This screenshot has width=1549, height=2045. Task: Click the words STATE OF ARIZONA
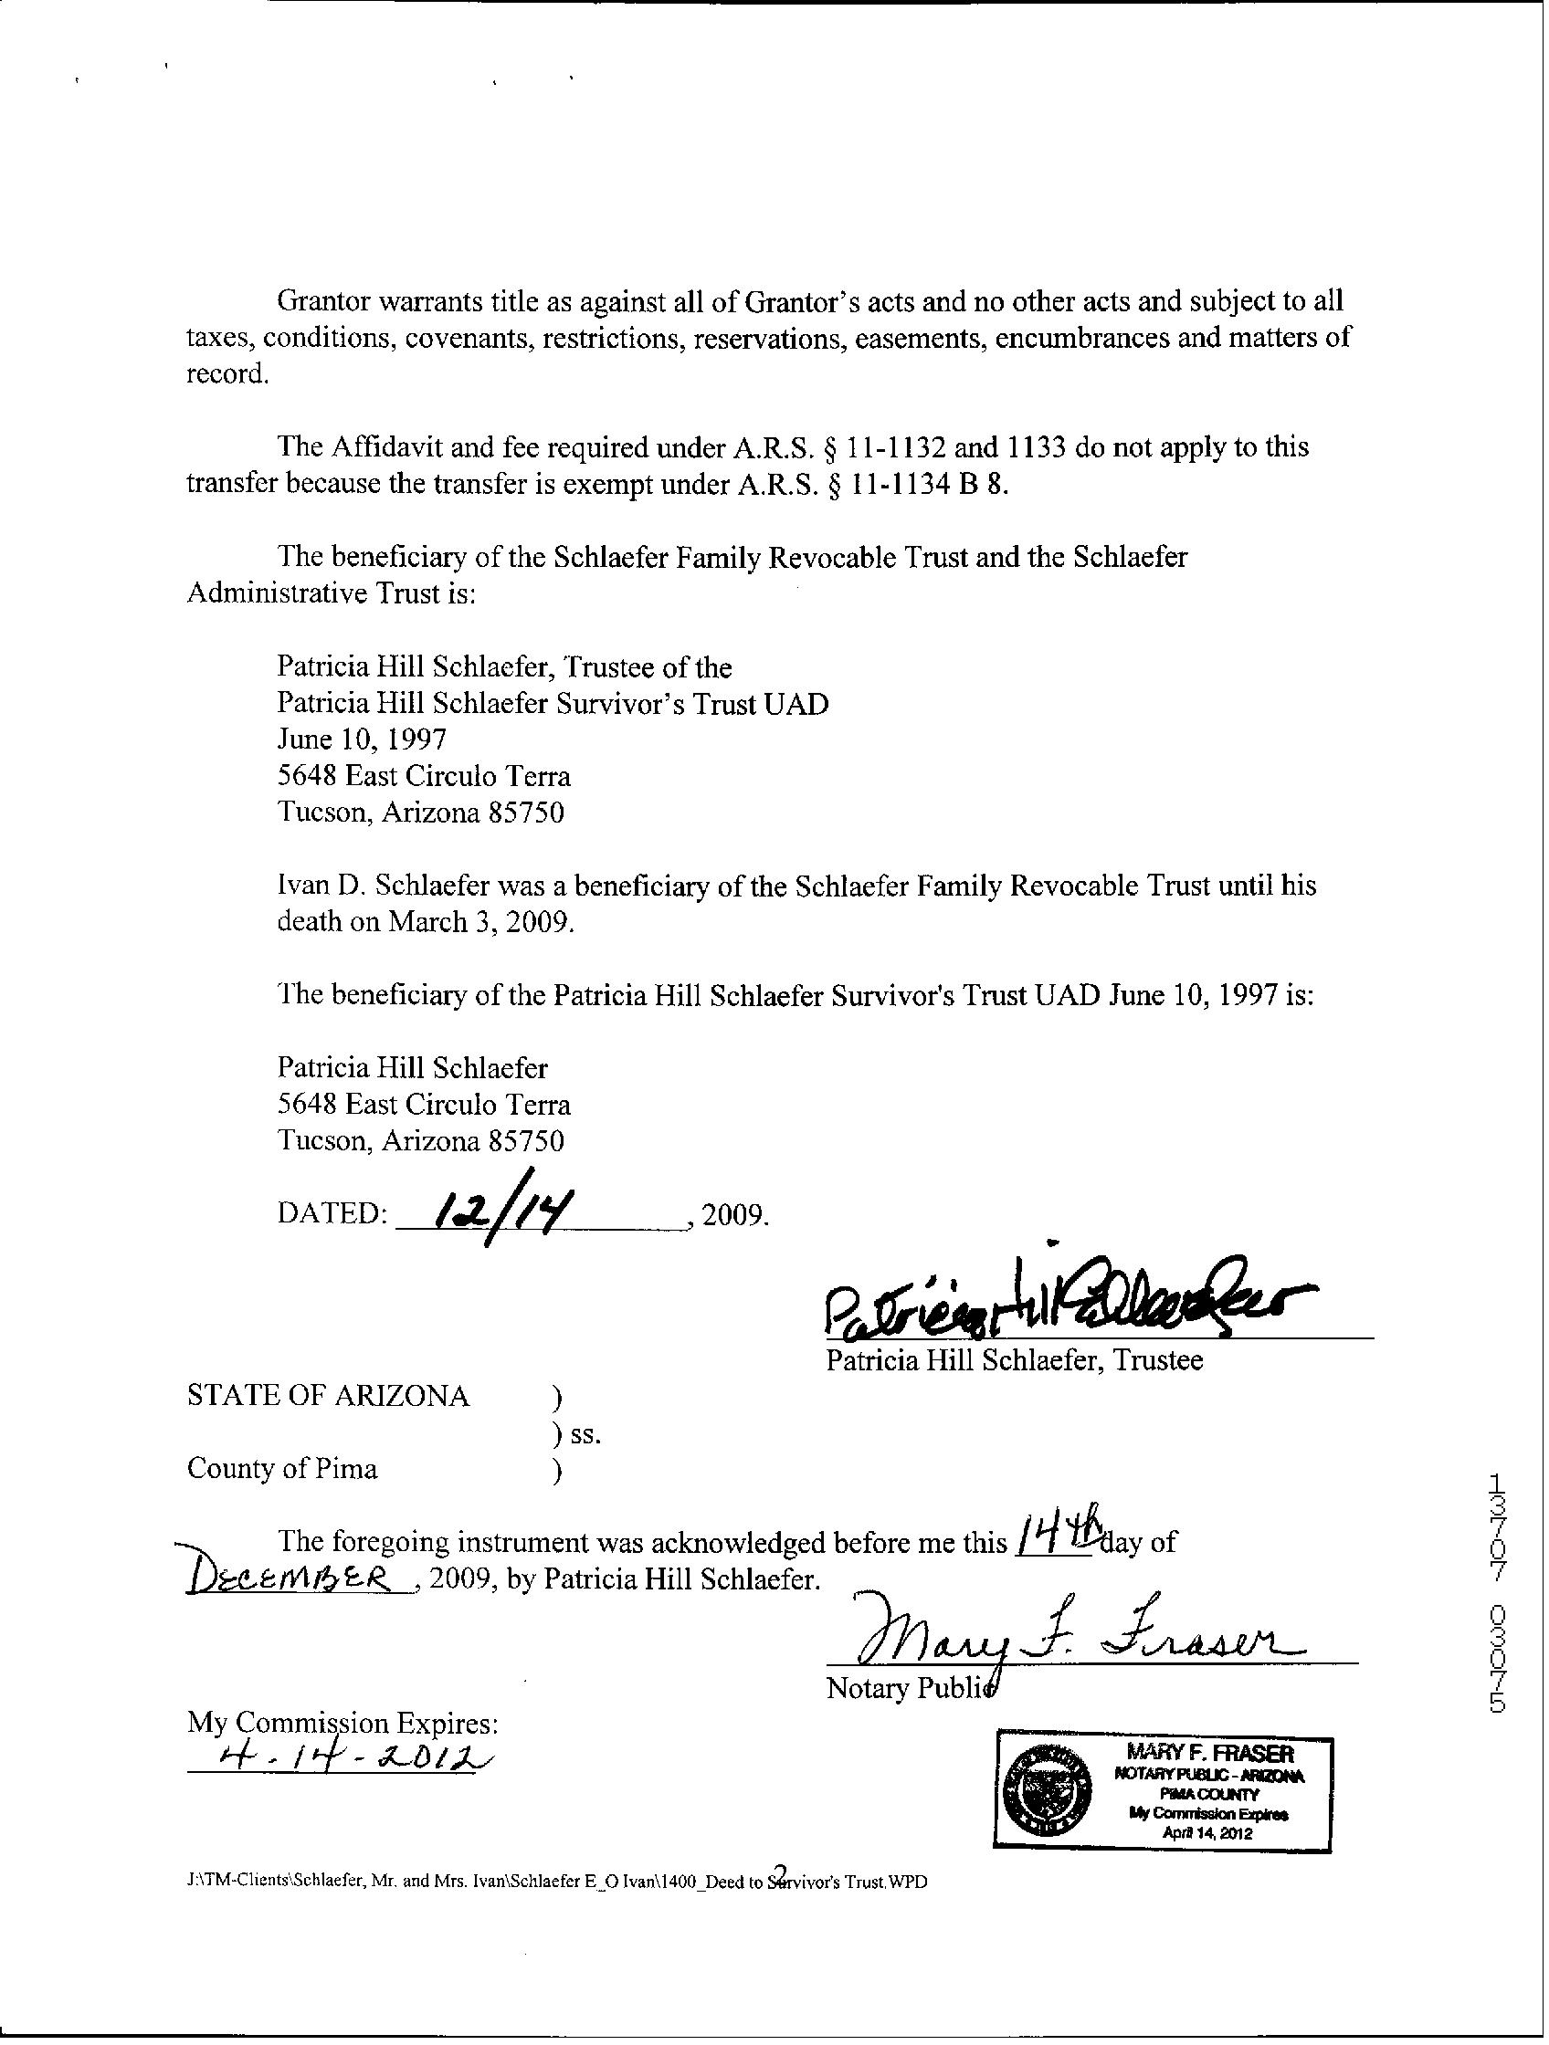tap(328, 1396)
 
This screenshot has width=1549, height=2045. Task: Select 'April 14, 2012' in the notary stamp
tap(1209, 1833)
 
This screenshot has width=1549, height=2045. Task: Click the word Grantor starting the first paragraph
tap(323, 301)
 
